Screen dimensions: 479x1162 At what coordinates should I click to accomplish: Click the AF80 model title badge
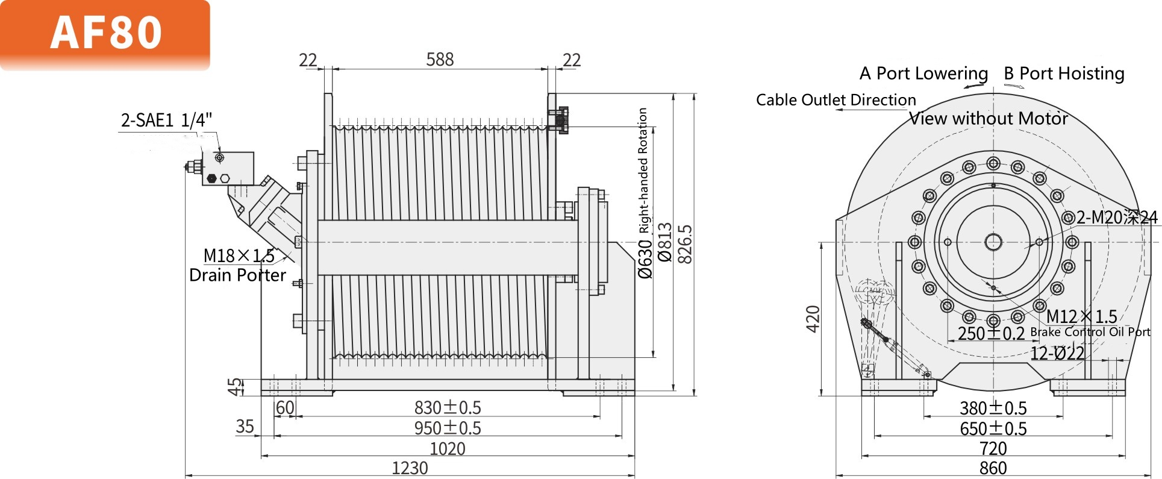pos(105,33)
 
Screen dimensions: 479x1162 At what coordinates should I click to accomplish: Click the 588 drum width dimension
pos(440,60)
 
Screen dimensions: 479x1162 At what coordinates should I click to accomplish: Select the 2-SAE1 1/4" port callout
pos(167,121)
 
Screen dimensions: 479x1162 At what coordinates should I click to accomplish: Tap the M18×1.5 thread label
pos(239,256)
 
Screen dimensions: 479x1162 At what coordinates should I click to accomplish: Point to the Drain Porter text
pos(237,275)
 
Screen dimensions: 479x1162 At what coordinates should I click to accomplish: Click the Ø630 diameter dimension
pos(645,259)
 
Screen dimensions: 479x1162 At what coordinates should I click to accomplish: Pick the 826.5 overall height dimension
pos(686,244)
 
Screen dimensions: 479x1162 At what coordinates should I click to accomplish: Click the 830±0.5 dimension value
pos(448,408)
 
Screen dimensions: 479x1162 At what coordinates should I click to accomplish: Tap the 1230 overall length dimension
pos(410,468)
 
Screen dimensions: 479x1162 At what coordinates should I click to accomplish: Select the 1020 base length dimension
pos(447,449)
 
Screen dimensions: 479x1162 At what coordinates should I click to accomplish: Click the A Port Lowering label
pos(923,74)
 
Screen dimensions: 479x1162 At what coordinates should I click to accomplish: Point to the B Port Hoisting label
pos(1064,74)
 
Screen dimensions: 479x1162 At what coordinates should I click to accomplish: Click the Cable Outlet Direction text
pos(836,100)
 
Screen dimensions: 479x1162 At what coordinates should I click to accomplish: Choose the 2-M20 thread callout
pos(1116,218)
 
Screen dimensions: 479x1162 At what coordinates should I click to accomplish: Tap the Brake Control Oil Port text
pos(1090,332)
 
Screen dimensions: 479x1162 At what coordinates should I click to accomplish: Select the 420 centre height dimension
pos(813,319)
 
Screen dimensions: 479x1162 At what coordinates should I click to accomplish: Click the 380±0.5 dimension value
pos(993,409)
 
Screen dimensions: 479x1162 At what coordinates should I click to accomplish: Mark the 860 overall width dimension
pos(993,468)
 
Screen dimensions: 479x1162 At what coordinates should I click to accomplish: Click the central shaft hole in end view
pos(993,242)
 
